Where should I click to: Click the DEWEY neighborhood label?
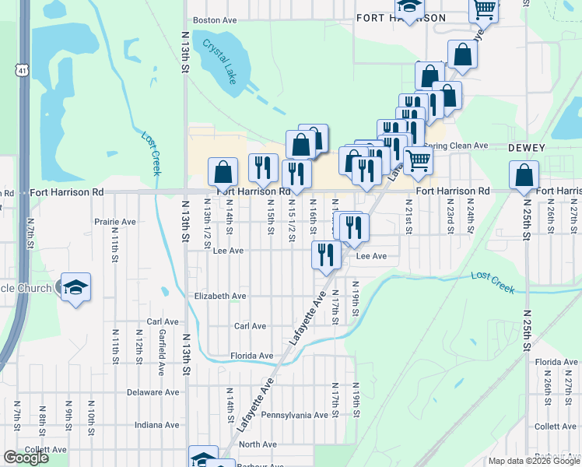(x=527, y=147)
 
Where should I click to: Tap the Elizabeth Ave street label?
(x=220, y=296)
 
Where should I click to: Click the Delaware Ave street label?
(x=153, y=392)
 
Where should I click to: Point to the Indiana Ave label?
(x=156, y=425)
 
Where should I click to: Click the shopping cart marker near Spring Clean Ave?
(x=419, y=161)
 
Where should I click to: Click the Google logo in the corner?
(x=26, y=458)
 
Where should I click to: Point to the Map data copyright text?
(x=534, y=461)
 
